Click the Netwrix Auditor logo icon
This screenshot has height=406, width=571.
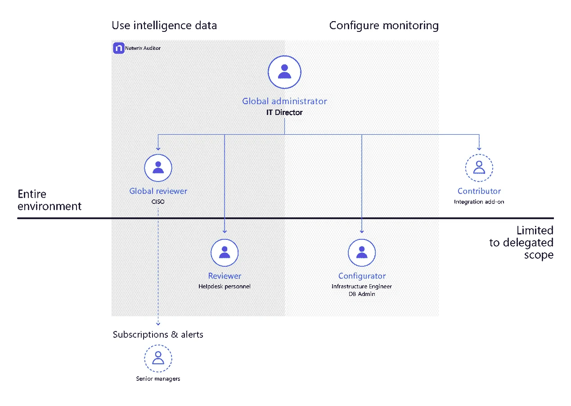(x=119, y=48)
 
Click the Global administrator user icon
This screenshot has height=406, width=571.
(x=284, y=72)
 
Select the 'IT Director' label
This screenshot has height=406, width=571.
(x=284, y=112)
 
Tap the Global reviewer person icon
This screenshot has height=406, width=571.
(x=158, y=168)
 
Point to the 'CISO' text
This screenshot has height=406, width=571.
(x=158, y=202)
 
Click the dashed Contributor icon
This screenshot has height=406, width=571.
(x=479, y=168)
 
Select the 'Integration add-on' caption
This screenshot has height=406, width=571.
(x=479, y=202)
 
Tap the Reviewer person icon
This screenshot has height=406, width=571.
(x=225, y=252)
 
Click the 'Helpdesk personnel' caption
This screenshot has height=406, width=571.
(x=225, y=286)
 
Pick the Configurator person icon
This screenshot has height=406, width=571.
(x=362, y=252)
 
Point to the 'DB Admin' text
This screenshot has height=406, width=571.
(x=362, y=294)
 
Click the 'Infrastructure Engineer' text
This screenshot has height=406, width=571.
(x=362, y=286)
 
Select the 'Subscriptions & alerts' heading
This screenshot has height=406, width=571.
(x=158, y=335)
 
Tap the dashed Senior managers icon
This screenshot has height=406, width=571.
(x=158, y=358)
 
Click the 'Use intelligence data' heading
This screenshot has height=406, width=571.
(x=164, y=26)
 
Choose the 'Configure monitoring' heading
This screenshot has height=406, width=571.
(x=384, y=26)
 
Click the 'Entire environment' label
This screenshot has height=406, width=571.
(x=49, y=200)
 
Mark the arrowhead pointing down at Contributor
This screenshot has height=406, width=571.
(x=479, y=148)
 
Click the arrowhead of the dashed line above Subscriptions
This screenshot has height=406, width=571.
(x=158, y=323)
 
